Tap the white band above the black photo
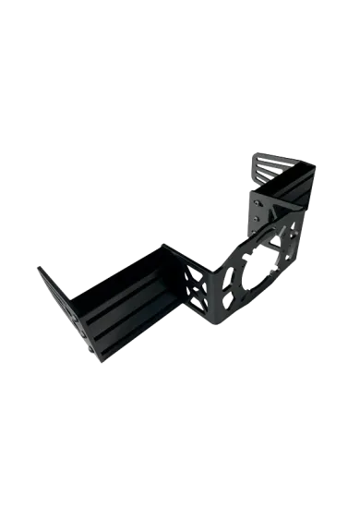180,55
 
